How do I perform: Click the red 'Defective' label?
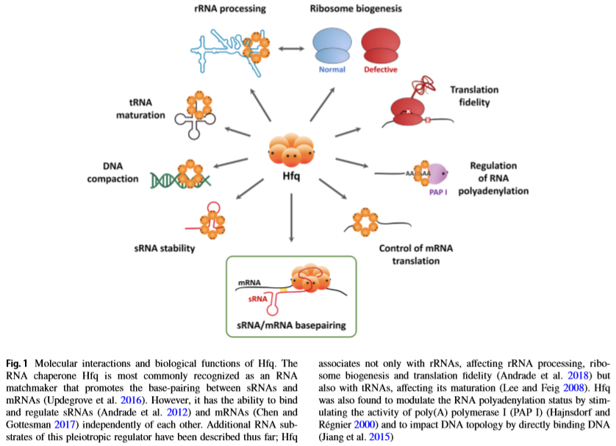pyautogui.click(x=381, y=71)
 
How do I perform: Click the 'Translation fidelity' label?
pyautogui.click(x=474, y=96)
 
